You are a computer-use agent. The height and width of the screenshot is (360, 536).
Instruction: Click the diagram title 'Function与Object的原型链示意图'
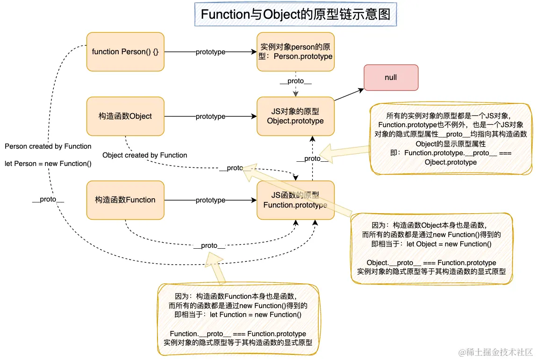pos(295,14)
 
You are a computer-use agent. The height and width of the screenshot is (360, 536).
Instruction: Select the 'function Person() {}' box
pos(125,52)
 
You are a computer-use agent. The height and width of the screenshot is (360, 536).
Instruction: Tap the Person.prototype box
pos(295,52)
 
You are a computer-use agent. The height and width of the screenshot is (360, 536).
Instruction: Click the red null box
pos(391,78)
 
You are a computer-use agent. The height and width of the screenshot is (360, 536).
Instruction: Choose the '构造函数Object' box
pos(125,116)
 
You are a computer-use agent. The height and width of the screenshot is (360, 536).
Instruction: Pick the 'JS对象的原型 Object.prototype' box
pos(295,116)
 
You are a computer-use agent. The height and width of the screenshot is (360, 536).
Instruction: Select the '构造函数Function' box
pos(125,200)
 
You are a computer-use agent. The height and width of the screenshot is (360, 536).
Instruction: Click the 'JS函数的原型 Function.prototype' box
pos(295,200)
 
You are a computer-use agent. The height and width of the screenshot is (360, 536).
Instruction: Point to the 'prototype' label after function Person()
pos(210,52)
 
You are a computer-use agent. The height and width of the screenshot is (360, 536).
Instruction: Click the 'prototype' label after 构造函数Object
pos(210,116)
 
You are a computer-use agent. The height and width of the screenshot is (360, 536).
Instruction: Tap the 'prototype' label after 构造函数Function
pos(210,200)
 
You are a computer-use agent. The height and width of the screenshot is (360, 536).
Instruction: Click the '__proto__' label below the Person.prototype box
pos(295,81)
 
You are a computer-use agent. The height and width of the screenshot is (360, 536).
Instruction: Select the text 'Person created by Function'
pos(48,146)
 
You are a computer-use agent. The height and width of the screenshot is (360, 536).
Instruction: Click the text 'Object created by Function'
pos(144,155)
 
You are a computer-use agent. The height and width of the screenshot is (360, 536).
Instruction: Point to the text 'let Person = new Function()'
pos(48,164)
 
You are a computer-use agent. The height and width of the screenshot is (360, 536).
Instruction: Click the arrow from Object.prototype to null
pos(349,94)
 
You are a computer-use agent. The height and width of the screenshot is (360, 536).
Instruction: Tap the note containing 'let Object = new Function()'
pos(431,248)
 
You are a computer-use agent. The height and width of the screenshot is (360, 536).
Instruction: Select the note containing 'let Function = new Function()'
pos(238,319)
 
